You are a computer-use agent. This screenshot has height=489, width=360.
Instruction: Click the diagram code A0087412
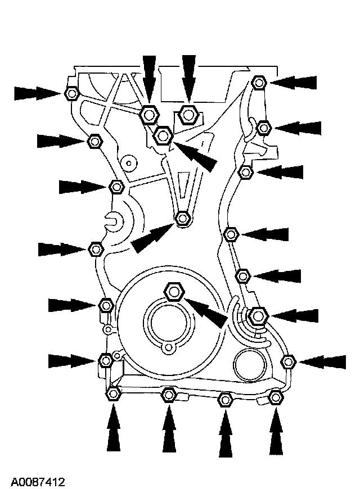[38, 482]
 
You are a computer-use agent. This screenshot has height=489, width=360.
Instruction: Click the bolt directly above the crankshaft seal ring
[174, 292]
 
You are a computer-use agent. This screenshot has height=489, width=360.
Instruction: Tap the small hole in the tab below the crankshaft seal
[169, 347]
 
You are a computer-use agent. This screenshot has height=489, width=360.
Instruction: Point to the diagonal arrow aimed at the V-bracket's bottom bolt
[152, 238]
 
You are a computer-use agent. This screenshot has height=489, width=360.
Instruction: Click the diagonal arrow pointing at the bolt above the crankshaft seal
[206, 313]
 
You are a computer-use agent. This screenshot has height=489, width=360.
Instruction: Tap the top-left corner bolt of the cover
[71, 93]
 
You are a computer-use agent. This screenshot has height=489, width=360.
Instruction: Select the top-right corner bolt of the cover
[258, 83]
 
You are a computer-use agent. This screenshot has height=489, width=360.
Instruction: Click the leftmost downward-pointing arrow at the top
[149, 81]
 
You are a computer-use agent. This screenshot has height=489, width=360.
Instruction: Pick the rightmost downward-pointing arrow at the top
[188, 80]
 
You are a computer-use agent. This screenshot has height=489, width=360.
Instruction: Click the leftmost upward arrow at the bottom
[113, 427]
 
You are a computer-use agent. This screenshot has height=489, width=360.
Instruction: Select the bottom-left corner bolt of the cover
[113, 393]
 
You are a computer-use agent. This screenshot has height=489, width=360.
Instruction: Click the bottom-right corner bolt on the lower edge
[276, 397]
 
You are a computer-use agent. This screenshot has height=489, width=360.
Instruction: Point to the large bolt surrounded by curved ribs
[258, 316]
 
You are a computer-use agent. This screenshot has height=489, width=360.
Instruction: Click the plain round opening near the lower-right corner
[250, 365]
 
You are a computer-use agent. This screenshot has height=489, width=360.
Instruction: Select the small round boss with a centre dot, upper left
[129, 163]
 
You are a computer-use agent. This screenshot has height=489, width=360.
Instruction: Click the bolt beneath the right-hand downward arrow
[188, 115]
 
